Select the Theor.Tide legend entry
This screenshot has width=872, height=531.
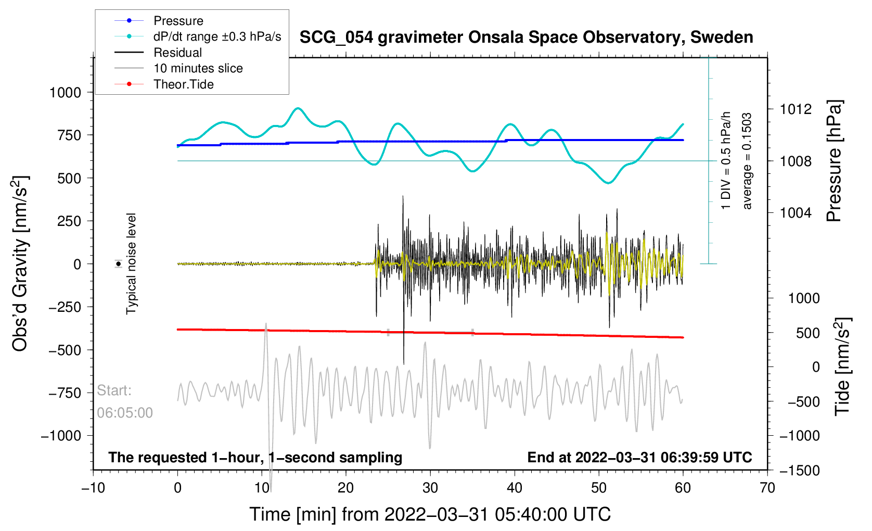pyautogui.click(x=164, y=84)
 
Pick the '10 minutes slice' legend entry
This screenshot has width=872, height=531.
pyautogui.click(x=178, y=68)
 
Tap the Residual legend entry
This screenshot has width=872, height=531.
pyautogui.click(x=158, y=52)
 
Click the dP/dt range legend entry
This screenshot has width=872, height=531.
pyautogui.click(x=198, y=36)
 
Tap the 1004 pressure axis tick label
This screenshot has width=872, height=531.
pyautogui.click(x=796, y=213)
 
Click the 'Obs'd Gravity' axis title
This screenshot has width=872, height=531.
pyautogui.click(x=19, y=263)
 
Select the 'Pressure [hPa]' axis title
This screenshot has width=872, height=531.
pyautogui.click(x=834, y=161)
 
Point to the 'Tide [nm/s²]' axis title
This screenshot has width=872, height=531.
pyautogui.click(x=842, y=366)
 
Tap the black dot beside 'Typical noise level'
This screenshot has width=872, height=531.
pyautogui.click(x=118, y=264)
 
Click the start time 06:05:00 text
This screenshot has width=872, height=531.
pyautogui.click(x=124, y=413)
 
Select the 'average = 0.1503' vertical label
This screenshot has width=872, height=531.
pyautogui.click(x=747, y=161)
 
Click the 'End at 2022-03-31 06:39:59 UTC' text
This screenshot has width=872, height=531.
pyautogui.click(x=639, y=458)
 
